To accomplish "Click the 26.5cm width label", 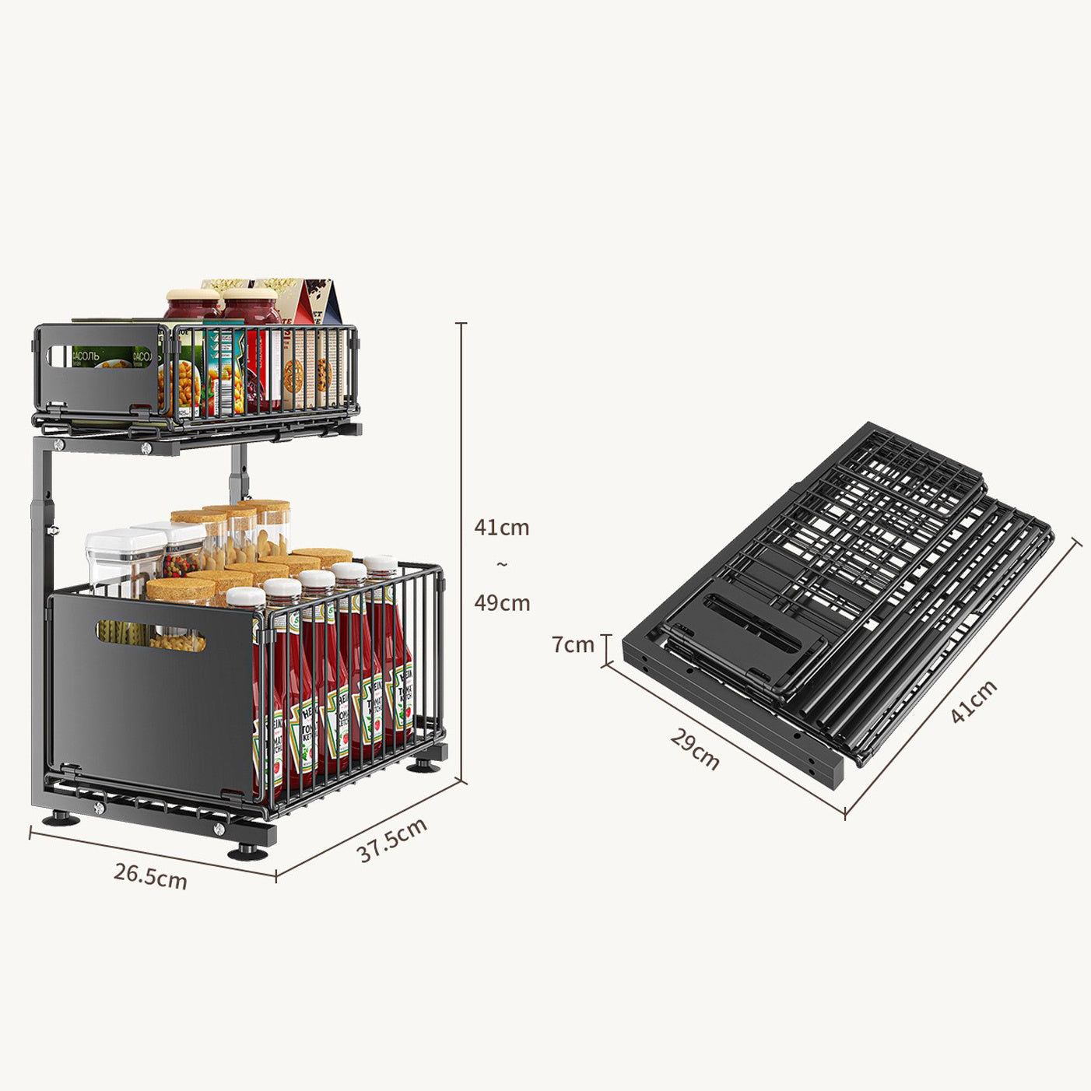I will point(150,875).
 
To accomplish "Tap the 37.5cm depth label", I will point(392,840).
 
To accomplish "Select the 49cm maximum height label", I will point(502,602).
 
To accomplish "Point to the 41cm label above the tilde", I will point(502,528).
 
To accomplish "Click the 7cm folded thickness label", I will point(574,644).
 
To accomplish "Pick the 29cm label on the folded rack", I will point(695,749).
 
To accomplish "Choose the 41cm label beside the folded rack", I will point(973,701).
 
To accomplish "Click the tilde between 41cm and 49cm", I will point(502,564).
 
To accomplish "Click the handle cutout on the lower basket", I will point(150,635).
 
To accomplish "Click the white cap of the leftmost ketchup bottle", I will point(246,598).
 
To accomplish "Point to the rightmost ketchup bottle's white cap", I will point(380,563).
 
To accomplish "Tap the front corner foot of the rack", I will point(248,852).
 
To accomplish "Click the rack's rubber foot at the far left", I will point(59,819).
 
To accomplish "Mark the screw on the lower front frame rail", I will point(99,809).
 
